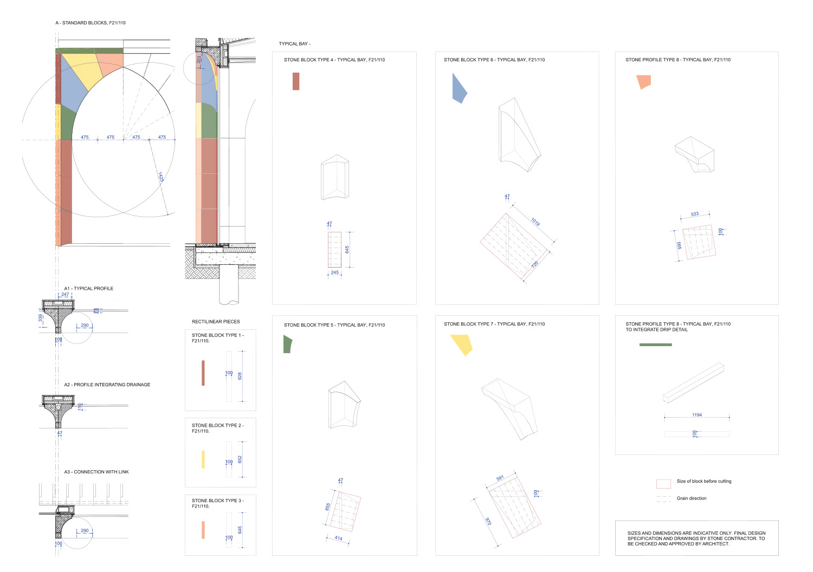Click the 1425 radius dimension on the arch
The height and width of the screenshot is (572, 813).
click(x=161, y=177)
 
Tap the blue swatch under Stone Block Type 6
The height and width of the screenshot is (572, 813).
click(x=459, y=88)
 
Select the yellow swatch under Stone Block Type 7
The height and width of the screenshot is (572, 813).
click(x=462, y=344)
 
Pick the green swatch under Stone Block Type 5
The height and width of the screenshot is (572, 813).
click(x=287, y=344)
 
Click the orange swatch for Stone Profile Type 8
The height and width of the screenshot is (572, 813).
click(x=644, y=82)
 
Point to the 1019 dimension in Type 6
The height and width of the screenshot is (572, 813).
click(x=535, y=222)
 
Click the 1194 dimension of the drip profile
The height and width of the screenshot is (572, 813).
click(x=697, y=414)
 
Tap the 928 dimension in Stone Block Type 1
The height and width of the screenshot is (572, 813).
click(x=240, y=376)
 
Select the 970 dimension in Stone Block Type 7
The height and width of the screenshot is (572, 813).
click(x=488, y=522)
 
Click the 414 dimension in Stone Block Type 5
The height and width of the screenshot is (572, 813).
click(x=338, y=538)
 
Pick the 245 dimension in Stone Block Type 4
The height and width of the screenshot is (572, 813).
click(x=334, y=272)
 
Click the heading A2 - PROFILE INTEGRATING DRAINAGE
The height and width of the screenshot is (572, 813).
click(x=107, y=385)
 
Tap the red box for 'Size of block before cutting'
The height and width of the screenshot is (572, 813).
click(x=663, y=484)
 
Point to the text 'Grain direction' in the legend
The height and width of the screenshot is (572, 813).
click(x=692, y=498)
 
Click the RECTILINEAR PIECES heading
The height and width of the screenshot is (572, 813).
click(x=216, y=321)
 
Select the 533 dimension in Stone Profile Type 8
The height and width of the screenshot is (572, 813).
click(x=695, y=214)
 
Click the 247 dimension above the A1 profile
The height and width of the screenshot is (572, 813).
click(x=65, y=294)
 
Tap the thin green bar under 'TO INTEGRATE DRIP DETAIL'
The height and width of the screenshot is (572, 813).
click(x=655, y=344)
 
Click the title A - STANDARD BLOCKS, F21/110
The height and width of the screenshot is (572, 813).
click(x=91, y=23)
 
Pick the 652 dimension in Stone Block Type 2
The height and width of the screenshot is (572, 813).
click(x=240, y=459)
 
